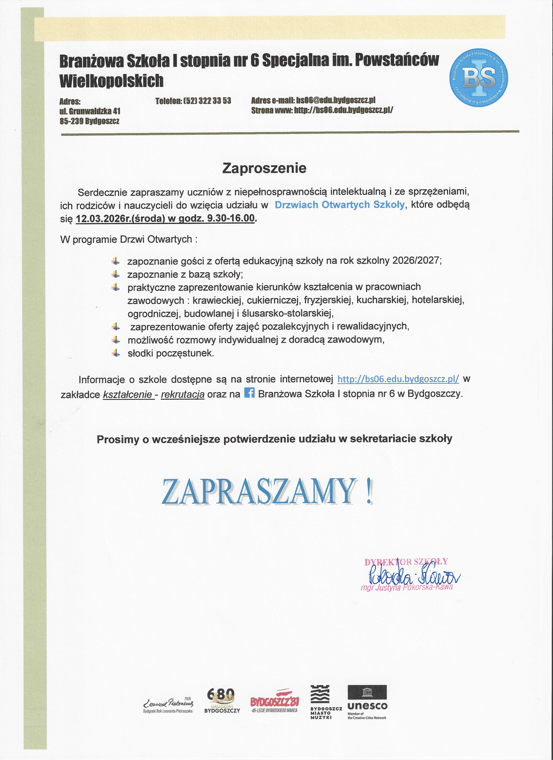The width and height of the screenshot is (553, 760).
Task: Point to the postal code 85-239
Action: pos(71,121)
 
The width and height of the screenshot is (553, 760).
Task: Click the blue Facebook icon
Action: pos(249,392)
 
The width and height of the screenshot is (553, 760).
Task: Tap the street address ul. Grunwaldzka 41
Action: pos(90,111)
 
